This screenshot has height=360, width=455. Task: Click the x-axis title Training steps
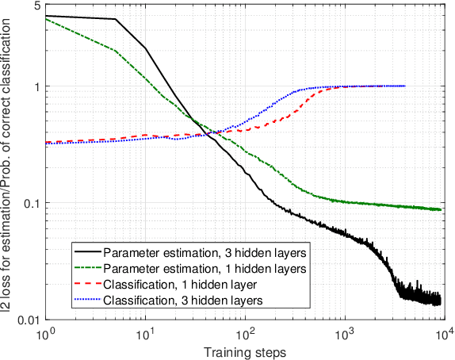coord(243,350)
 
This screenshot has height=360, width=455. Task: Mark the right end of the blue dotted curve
coord(405,86)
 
